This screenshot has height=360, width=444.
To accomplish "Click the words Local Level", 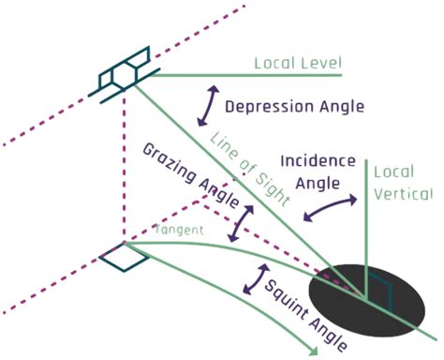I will click(x=298, y=64).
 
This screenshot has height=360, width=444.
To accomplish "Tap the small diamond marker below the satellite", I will click(x=124, y=254).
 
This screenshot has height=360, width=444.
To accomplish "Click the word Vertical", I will click(x=403, y=194).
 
